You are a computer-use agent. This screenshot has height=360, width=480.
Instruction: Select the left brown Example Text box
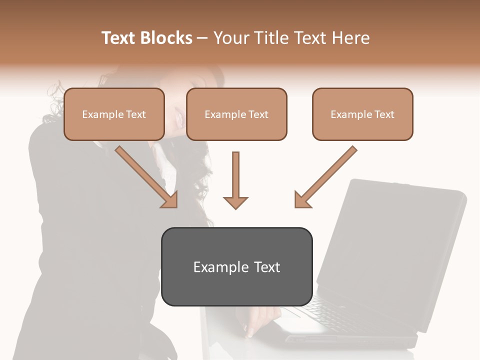tap(114, 114)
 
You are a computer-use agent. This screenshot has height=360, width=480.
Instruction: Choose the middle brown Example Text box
tap(236, 114)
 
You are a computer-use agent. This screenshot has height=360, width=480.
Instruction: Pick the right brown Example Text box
tap(362, 114)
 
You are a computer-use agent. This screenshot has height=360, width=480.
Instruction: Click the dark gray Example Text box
tap(236, 266)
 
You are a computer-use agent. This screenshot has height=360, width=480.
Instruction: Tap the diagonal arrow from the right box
tap(325, 177)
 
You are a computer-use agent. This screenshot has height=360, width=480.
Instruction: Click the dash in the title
tap(202, 38)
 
